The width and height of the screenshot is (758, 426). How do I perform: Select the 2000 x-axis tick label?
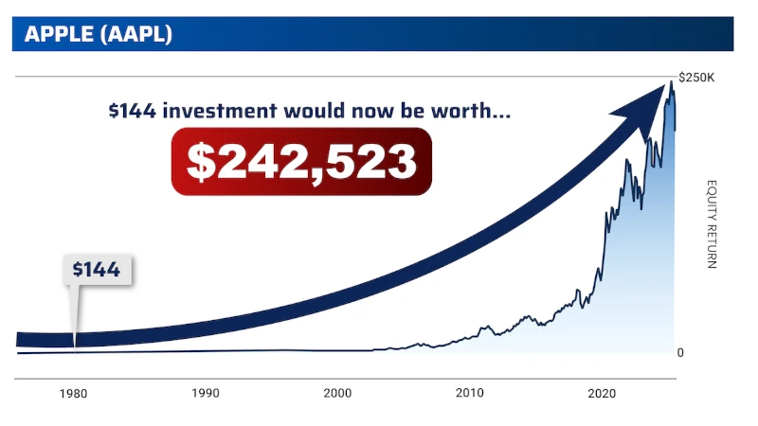(x=337, y=393)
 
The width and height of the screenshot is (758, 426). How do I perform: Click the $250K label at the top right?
(x=696, y=77)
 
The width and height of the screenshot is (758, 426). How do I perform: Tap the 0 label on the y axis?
(x=680, y=353)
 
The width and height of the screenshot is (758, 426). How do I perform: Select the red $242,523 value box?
(x=301, y=161)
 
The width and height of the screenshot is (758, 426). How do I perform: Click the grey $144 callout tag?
(x=97, y=270)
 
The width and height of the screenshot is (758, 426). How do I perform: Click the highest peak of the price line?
(x=671, y=83)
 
